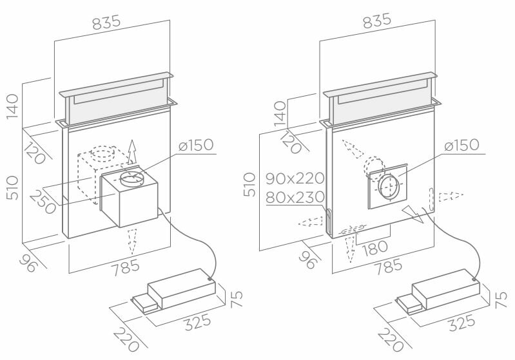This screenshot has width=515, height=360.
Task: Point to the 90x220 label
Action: [x=295, y=177]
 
